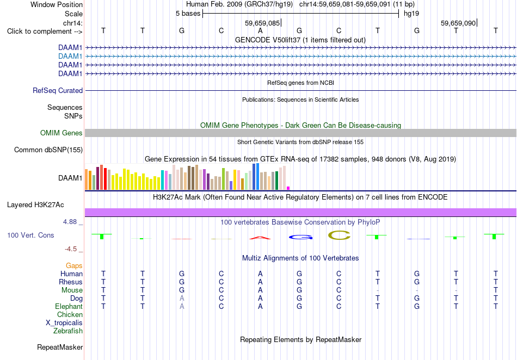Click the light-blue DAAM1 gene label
(x=70, y=57)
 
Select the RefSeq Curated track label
(x=58, y=91)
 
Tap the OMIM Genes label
(x=61, y=133)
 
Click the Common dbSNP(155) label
(x=48, y=150)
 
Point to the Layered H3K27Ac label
(x=35, y=205)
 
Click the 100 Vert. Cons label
(x=30, y=235)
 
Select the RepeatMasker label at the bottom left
(x=60, y=347)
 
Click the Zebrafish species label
(x=68, y=331)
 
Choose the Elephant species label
(x=69, y=307)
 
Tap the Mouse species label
(x=72, y=290)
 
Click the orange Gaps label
(x=74, y=266)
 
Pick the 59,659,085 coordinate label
(x=262, y=23)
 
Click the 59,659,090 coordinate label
(x=458, y=23)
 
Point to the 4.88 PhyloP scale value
(x=70, y=222)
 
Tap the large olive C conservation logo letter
(x=339, y=235)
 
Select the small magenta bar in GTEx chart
(x=288, y=188)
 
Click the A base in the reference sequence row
(x=260, y=30)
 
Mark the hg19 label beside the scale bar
(x=411, y=14)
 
